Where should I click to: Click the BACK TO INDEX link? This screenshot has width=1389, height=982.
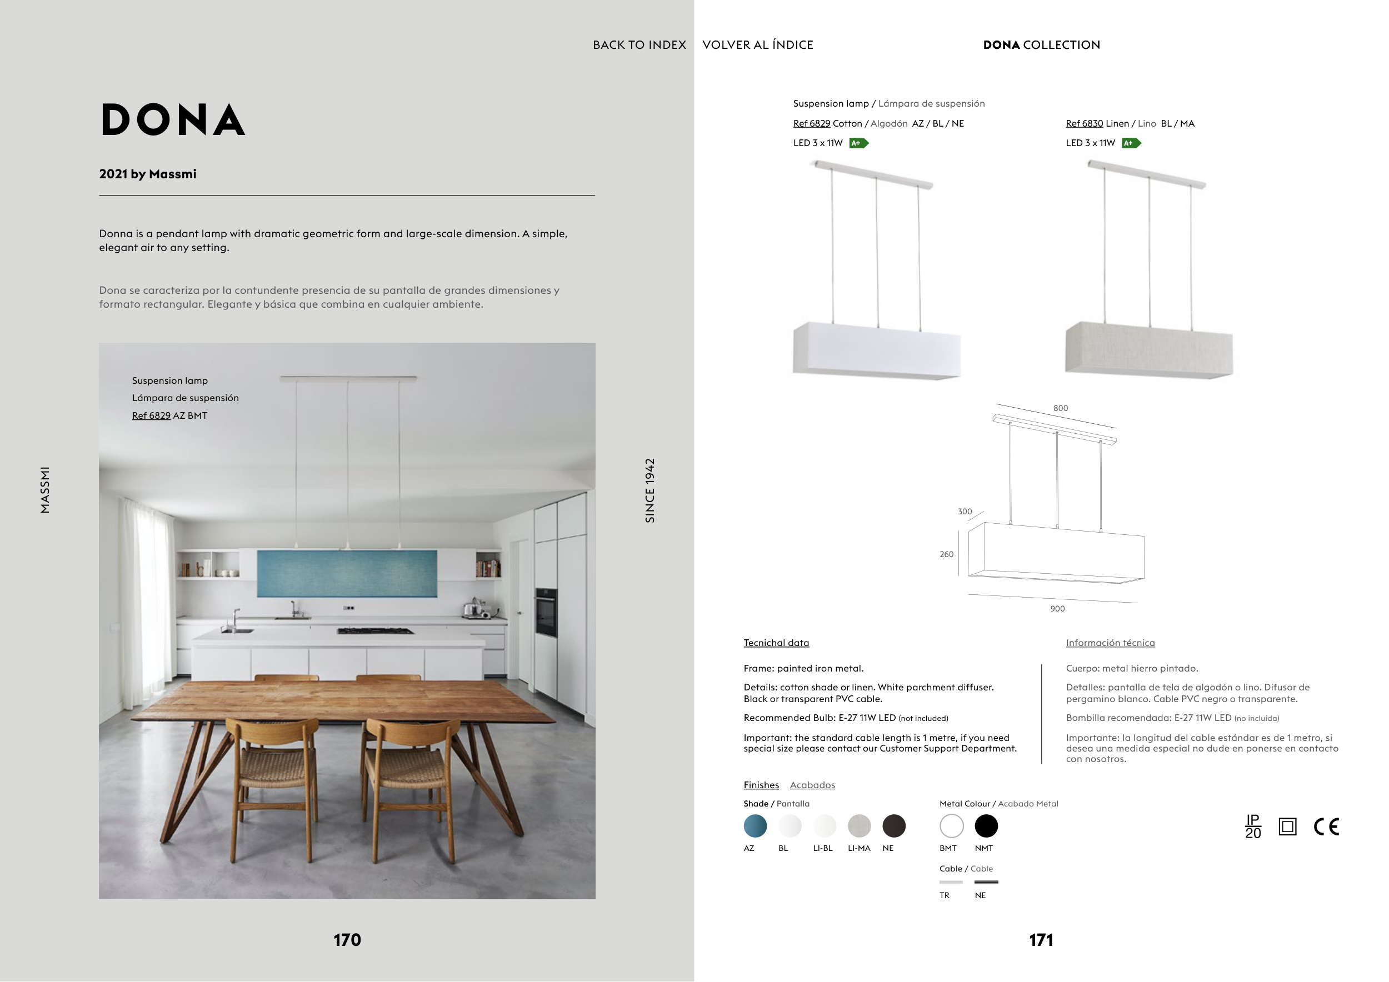[x=639, y=45]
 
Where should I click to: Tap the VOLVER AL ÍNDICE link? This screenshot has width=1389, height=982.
[x=757, y=45]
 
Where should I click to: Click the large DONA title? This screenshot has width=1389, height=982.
[x=173, y=120]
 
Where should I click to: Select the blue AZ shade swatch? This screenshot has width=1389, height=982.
[x=755, y=825]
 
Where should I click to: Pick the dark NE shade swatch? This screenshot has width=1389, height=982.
[x=893, y=825]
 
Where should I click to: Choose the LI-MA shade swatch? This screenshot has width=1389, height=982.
[x=859, y=825]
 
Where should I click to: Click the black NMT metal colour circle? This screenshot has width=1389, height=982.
[x=986, y=825]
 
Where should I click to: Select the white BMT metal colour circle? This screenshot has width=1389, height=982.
[x=951, y=825]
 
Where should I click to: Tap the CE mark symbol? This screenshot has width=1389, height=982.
[x=1326, y=826]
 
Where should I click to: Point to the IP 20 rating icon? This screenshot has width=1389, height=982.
[x=1253, y=826]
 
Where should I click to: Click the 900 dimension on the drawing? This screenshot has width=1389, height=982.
[x=1057, y=609]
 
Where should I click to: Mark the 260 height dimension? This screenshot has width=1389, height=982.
[x=946, y=554]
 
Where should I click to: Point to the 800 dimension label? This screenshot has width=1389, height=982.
[x=1061, y=408]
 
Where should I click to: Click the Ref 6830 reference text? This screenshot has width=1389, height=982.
[x=1084, y=123]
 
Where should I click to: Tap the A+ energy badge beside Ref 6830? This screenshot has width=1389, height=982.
[x=1131, y=143]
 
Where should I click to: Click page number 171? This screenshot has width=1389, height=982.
[x=1041, y=940]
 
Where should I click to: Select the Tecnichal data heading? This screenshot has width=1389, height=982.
[x=776, y=643]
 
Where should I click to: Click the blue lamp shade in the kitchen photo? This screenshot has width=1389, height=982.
[x=347, y=573]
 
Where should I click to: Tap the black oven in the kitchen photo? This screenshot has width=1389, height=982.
[x=546, y=612]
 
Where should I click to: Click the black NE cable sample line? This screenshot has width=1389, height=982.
[x=986, y=882]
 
